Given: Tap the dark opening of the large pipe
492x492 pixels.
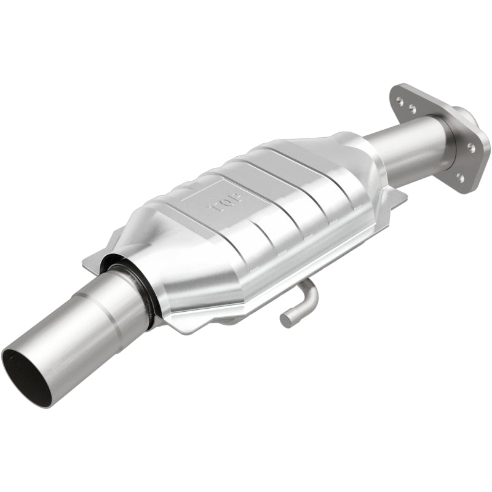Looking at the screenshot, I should pyautogui.click(x=26, y=375).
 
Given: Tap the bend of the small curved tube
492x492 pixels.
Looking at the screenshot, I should pyautogui.click(x=311, y=293).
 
